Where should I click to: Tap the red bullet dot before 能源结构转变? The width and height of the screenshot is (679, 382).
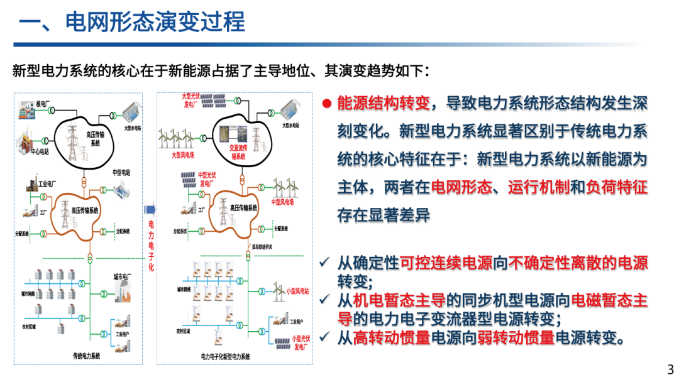pos(327,103)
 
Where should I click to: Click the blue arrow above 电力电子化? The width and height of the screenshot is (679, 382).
pos(150,210)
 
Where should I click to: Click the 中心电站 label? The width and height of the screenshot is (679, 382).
pos(41,150)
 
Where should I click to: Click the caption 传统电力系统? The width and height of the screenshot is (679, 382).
pos(86,356)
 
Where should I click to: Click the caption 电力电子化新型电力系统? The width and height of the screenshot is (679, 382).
pos(226,356)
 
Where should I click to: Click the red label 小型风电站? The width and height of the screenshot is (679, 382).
pos(298,291)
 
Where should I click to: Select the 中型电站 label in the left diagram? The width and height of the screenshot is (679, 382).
pos(121,172)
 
